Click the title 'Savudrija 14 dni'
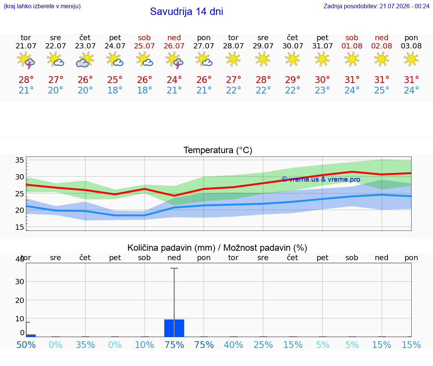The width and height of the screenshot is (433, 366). (x=186, y=12)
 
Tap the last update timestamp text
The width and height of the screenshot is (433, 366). (x=376, y=6)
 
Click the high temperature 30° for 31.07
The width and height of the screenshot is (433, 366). (x=322, y=80)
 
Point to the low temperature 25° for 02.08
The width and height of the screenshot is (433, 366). (x=382, y=90)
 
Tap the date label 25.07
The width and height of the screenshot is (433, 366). (x=144, y=46)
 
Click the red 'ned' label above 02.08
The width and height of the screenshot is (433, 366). (x=382, y=38)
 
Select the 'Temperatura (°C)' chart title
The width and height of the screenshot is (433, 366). (x=218, y=150)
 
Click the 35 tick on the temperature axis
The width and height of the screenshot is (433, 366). (x=20, y=160)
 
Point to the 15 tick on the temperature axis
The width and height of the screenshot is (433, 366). (x=20, y=227)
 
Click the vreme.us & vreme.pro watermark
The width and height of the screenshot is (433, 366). (x=321, y=179)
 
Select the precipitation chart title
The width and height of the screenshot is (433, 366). (x=217, y=248)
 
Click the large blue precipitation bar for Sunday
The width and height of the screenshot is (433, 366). (x=174, y=328)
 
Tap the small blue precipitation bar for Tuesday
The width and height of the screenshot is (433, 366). (x=31, y=336)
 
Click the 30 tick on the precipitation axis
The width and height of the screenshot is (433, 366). (x=20, y=282)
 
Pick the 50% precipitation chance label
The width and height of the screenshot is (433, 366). (x=26, y=345)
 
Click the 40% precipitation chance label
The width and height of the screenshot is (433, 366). (x=233, y=345)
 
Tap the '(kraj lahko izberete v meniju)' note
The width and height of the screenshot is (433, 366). (x=42, y=6)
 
